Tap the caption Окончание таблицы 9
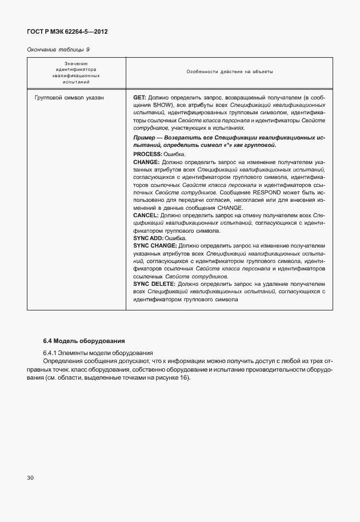pyautogui.click(x=58, y=49)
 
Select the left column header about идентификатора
pyautogui.click(x=77, y=72)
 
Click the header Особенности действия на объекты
pyautogui.click(x=229, y=72)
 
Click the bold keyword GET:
pyautogui.click(x=140, y=98)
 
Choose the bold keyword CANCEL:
pyautogui.click(x=146, y=216)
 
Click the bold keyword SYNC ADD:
pyautogui.click(x=148, y=238)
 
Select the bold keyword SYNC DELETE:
pyautogui.click(x=154, y=284)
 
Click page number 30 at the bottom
pyautogui.click(x=31, y=477)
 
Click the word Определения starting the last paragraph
pyautogui.click(x=66, y=361)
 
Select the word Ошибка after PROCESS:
pyautogui.click(x=175, y=154)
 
